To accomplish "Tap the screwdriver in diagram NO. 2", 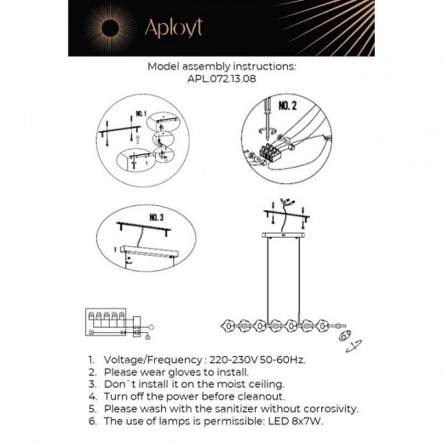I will [266, 121].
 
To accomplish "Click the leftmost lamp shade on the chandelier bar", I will [229, 325].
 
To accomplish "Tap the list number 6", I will [91, 420].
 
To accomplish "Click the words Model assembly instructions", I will [221, 65].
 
